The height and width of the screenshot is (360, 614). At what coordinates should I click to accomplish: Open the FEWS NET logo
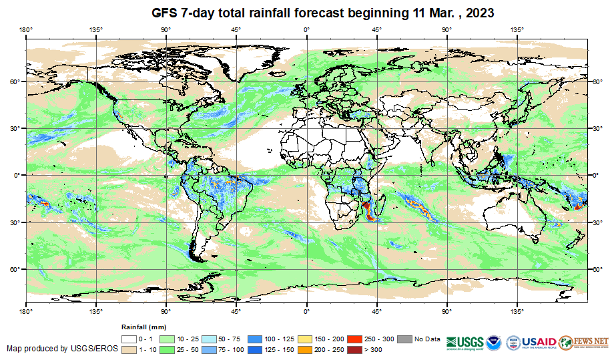[584, 341]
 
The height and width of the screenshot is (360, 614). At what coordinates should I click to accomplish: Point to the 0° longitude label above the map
[306, 29]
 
